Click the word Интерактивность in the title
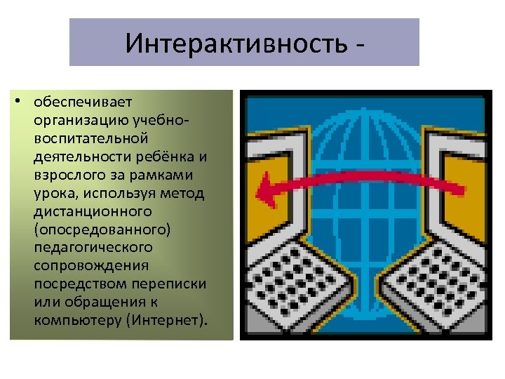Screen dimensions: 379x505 coord(235,44)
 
